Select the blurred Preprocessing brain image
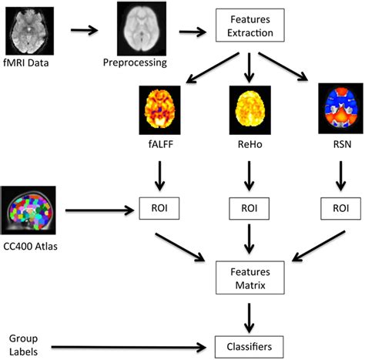point(142,28)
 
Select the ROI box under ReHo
point(247,209)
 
